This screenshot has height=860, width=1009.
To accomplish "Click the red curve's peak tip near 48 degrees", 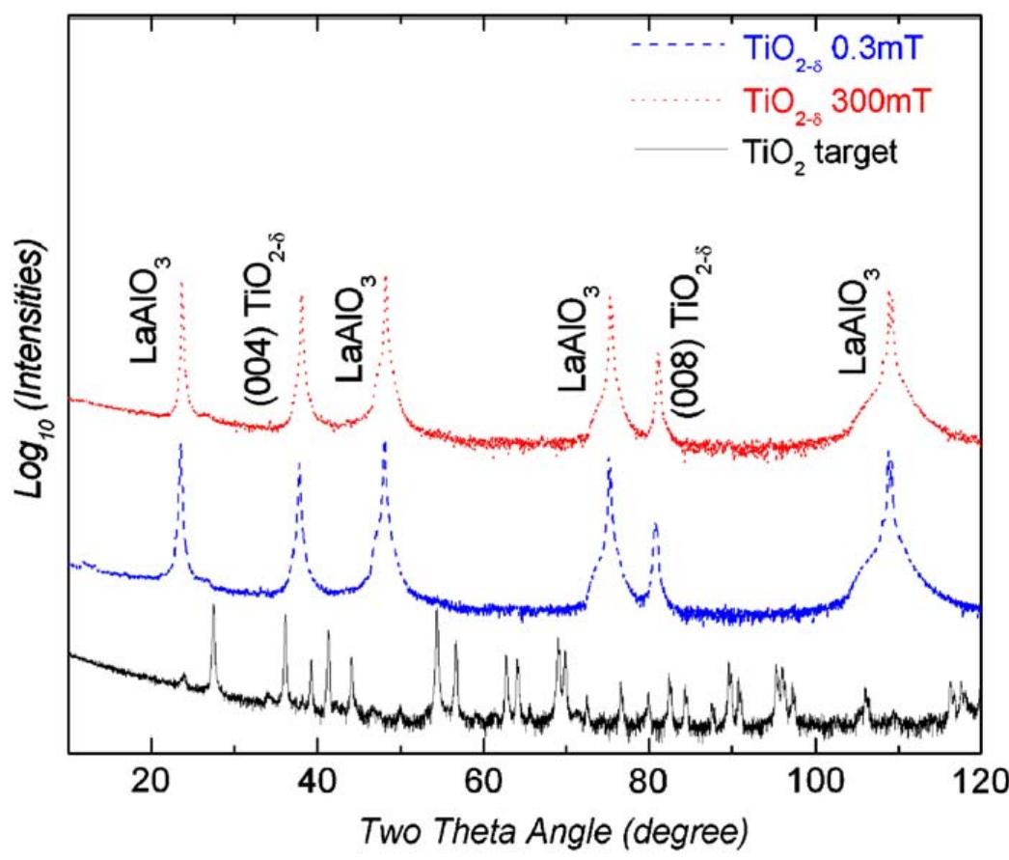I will [387, 278].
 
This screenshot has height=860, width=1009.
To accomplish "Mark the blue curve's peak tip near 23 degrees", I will [179, 443].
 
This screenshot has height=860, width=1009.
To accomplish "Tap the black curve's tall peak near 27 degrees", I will [213, 606].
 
